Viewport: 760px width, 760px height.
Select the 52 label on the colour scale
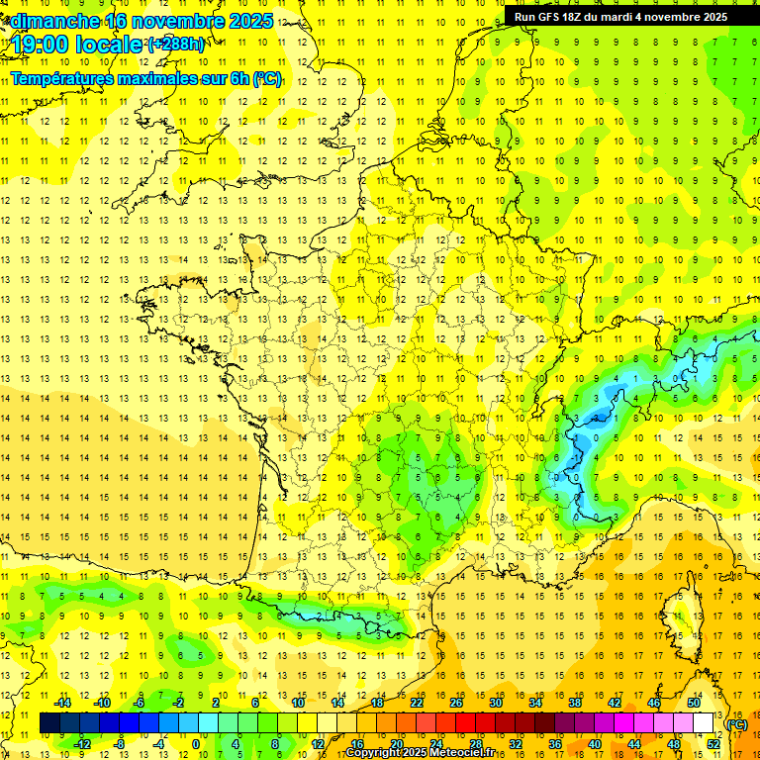pyautogui.click(x=712, y=744)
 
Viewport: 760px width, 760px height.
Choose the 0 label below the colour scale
pyautogui.click(x=195, y=744)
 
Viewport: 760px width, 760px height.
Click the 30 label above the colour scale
pyautogui.click(x=496, y=703)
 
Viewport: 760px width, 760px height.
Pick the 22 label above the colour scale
pyautogui.click(x=417, y=703)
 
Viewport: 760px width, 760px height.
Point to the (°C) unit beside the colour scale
pyautogui.click(x=736, y=724)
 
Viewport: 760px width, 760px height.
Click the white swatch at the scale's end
pyautogui.click(x=703, y=723)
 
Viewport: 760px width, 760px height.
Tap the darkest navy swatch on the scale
pyautogui.click(x=49, y=723)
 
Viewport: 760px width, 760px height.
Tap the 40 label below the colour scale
pyautogui.click(x=594, y=744)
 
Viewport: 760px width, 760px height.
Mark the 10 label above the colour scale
pyautogui.click(x=298, y=703)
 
